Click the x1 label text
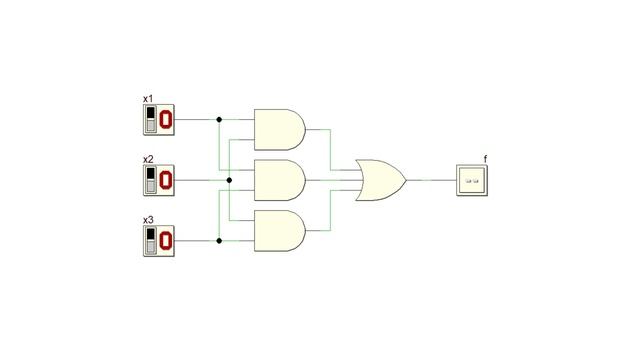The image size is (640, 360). pyautogui.click(x=148, y=99)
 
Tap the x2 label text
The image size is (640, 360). pyautogui.click(x=148, y=159)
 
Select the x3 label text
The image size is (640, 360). pyautogui.click(x=148, y=220)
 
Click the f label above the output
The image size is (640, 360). pyautogui.click(x=485, y=159)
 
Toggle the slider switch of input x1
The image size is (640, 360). pyautogui.click(x=151, y=119)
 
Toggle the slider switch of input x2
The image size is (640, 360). pyautogui.click(x=151, y=180)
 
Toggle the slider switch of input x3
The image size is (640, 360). pyautogui.click(x=151, y=241)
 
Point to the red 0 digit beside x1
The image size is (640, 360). pyautogui.click(x=165, y=120)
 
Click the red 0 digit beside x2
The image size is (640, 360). pyautogui.click(x=165, y=180)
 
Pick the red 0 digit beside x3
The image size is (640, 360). pyautogui.click(x=165, y=241)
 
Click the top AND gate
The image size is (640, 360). pyautogui.click(x=280, y=129)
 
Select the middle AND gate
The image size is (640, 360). pyautogui.click(x=280, y=180)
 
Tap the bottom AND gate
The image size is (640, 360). pyautogui.click(x=280, y=231)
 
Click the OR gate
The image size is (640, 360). pyautogui.click(x=381, y=180)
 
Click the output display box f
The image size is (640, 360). pyautogui.click(x=472, y=180)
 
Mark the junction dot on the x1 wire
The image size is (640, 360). pyautogui.click(x=219, y=120)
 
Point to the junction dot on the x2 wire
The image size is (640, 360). pyautogui.click(x=229, y=180)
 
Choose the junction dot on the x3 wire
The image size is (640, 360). pyautogui.click(x=219, y=241)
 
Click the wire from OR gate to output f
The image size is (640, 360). pyautogui.click(x=431, y=180)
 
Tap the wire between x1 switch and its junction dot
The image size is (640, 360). pyautogui.click(x=196, y=120)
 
